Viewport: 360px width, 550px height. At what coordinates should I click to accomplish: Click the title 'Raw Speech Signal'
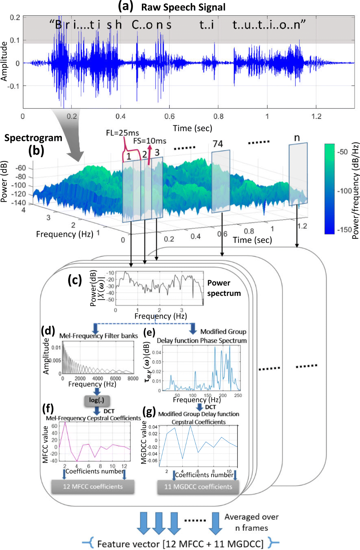[x=183, y=7]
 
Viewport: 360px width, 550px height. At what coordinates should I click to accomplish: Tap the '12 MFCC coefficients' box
[x=93, y=486]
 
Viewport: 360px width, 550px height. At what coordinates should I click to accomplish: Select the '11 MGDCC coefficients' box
[x=198, y=487]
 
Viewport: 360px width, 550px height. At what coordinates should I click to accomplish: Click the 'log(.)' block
[x=97, y=400]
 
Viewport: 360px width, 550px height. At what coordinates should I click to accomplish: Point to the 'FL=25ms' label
[x=122, y=133]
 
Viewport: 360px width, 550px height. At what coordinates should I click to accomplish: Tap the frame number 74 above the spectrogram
[x=218, y=144]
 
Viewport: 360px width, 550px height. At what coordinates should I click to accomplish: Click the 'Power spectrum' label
[x=224, y=288]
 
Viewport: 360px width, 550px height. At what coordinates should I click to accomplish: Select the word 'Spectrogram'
[x=33, y=138]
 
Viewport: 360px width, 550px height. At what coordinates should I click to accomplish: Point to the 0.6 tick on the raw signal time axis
[x=169, y=116]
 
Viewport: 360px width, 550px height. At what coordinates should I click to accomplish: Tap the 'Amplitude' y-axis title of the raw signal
[x=4, y=61]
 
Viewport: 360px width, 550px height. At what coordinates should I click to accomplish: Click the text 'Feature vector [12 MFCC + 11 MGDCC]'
[x=180, y=544]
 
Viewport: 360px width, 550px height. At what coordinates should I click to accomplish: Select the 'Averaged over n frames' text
[x=251, y=522]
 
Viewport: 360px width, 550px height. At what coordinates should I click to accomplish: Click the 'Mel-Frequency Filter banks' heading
[x=98, y=336]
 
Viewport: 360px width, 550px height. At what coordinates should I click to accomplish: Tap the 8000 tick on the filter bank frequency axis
[x=133, y=378]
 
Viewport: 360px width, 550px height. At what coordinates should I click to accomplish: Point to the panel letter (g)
[x=149, y=412]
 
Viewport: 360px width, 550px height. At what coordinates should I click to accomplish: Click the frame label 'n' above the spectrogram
[x=297, y=138]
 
